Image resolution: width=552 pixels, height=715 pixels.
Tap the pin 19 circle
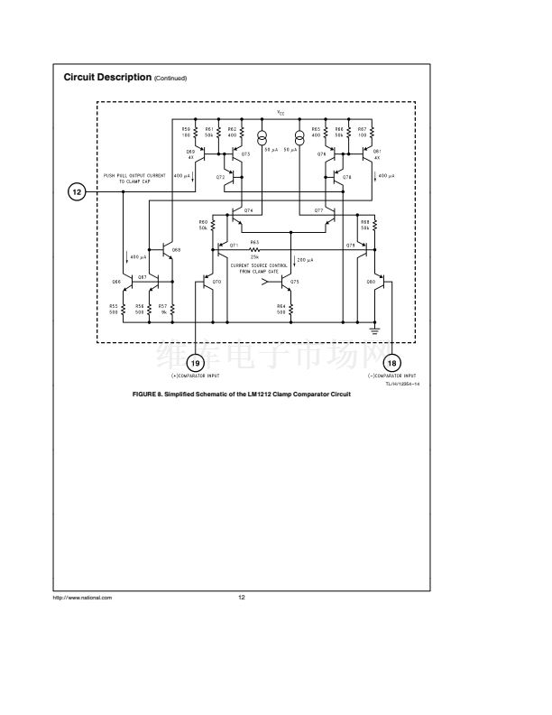[x=198, y=363]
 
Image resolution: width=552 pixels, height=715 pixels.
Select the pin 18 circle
[x=391, y=363]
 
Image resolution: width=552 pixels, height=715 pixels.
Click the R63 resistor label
[x=255, y=243]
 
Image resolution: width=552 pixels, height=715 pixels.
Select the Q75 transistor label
[x=295, y=283]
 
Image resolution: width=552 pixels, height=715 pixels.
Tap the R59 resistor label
[x=187, y=131]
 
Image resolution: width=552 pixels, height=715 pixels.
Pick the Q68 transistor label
[x=176, y=249]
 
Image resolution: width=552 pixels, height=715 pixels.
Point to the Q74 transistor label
[x=248, y=209]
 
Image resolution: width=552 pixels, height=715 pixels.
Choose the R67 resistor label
[x=362, y=131]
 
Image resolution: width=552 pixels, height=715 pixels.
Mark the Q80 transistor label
[x=371, y=283]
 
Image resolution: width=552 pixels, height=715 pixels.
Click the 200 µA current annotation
[x=305, y=260]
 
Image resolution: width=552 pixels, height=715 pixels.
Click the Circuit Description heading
[x=107, y=78]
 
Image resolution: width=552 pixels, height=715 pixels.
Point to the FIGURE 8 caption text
[x=241, y=395]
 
